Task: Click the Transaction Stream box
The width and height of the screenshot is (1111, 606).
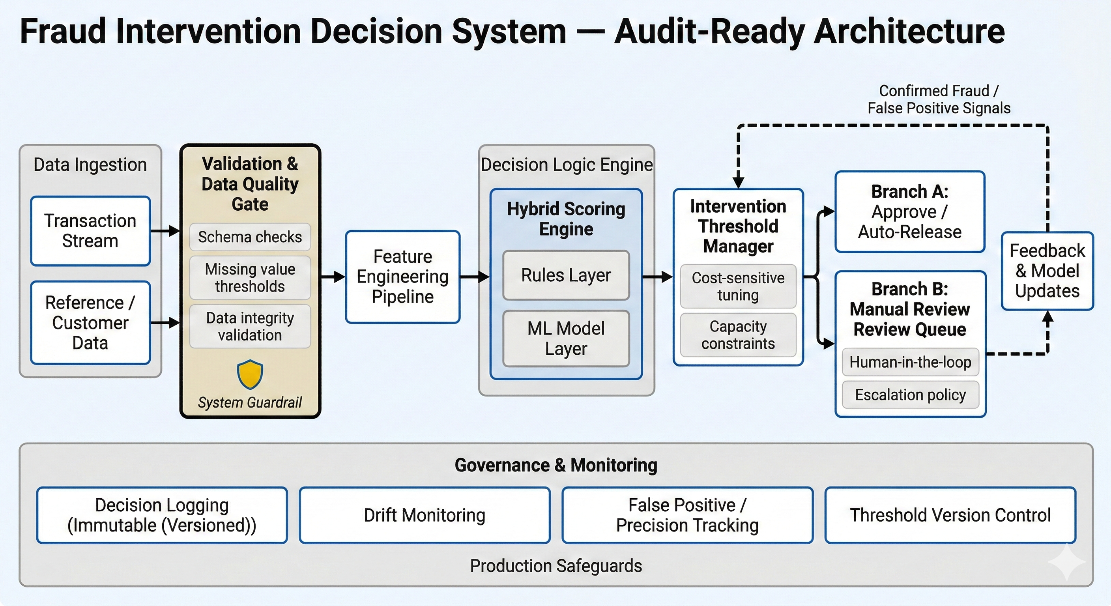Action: pyautogui.click(x=90, y=231)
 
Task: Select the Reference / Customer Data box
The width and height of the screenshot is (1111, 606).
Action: pyautogui.click(x=90, y=323)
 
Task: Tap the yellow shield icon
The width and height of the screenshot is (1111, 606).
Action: pyautogui.click(x=250, y=374)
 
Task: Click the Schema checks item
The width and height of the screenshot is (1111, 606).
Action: pyautogui.click(x=250, y=237)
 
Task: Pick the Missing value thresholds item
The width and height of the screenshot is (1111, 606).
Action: pyautogui.click(x=250, y=277)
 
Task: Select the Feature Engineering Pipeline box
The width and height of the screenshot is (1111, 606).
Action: pyautogui.click(x=403, y=277)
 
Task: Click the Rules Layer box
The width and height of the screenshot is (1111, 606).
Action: pyautogui.click(x=566, y=275)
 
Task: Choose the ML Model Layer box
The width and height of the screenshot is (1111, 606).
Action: pyautogui.click(x=566, y=338)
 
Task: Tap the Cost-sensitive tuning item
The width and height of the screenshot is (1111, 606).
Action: pyautogui.click(x=738, y=286)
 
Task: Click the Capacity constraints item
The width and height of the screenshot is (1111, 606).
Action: pyautogui.click(x=738, y=335)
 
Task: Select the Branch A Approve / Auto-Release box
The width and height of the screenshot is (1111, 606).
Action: pyautogui.click(x=909, y=212)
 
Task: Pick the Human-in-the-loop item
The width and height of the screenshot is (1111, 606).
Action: pyautogui.click(x=910, y=362)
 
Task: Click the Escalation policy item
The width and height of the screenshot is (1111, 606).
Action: pyautogui.click(x=910, y=395)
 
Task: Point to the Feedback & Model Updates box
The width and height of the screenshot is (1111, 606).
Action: pyautogui.click(x=1047, y=271)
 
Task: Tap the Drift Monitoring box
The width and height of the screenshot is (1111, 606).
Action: pyautogui.click(x=425, y=515)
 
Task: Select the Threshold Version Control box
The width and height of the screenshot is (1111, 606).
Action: pyautogui.click(x=950, y=515)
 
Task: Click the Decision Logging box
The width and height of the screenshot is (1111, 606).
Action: pyautogui.click(x=162, y=515)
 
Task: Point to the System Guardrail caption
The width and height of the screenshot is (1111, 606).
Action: pyautogui.click(x=250, y=402)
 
